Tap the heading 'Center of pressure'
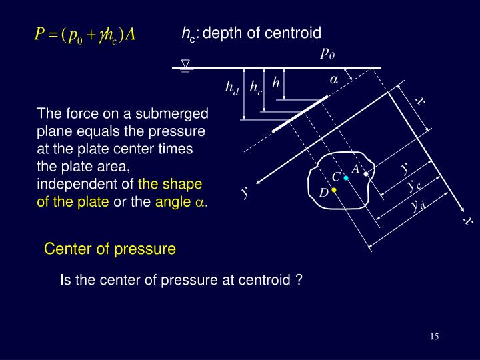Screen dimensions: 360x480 coord(110,249)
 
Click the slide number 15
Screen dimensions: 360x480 coord(434,336)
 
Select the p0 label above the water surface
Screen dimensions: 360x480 coord(327,53)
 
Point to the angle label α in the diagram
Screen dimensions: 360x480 coord(334,79)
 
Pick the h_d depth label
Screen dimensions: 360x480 coord(232,87)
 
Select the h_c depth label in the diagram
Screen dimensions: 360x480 coord(256,87)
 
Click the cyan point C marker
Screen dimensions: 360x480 coord(347,178)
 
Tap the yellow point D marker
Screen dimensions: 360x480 coord(333,191)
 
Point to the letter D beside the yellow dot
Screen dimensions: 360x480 coord(323,193)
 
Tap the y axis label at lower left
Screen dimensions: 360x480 coord(245,193)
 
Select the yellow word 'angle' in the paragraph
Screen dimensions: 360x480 coord(173,203)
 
